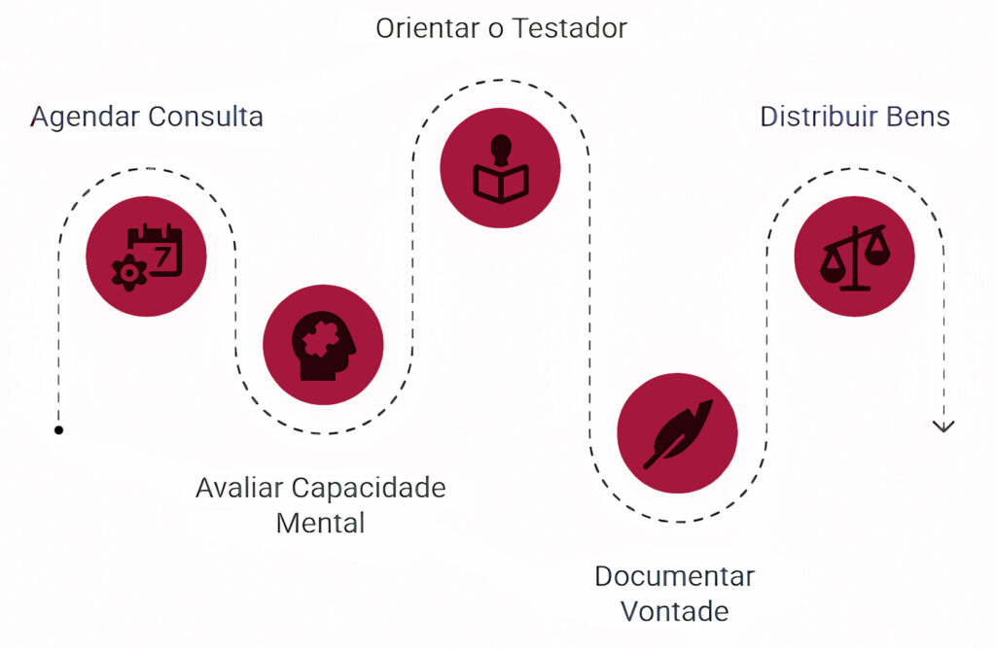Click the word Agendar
click(x=85, y=118)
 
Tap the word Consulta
click(x=205, y=118)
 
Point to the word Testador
click(x=570, y=28)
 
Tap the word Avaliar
click(x=239, y=487)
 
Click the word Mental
click(x=321, y=523)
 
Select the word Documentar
click(x=674, y=576)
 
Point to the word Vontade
click(x=674, y=611)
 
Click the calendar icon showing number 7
click(x=156, y=249)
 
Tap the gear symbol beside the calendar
click(x=127, y=273)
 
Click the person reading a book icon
click(x=501, y=170)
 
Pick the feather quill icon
click(x=678, y=432)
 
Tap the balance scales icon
click(x=855, y=257)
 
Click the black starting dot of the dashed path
click(x=59, y=429)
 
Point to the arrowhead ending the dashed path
click(x=943, y=426)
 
